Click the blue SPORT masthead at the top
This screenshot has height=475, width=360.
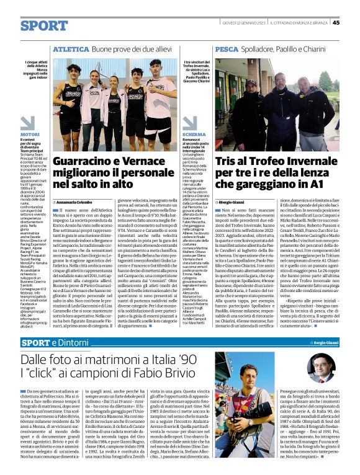click(x=44, y=25)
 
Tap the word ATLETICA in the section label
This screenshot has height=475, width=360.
click(x=71, y=48)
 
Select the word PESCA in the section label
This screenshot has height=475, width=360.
click(x=227, y=48)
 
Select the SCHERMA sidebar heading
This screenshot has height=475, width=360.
click(x=194, y=134)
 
